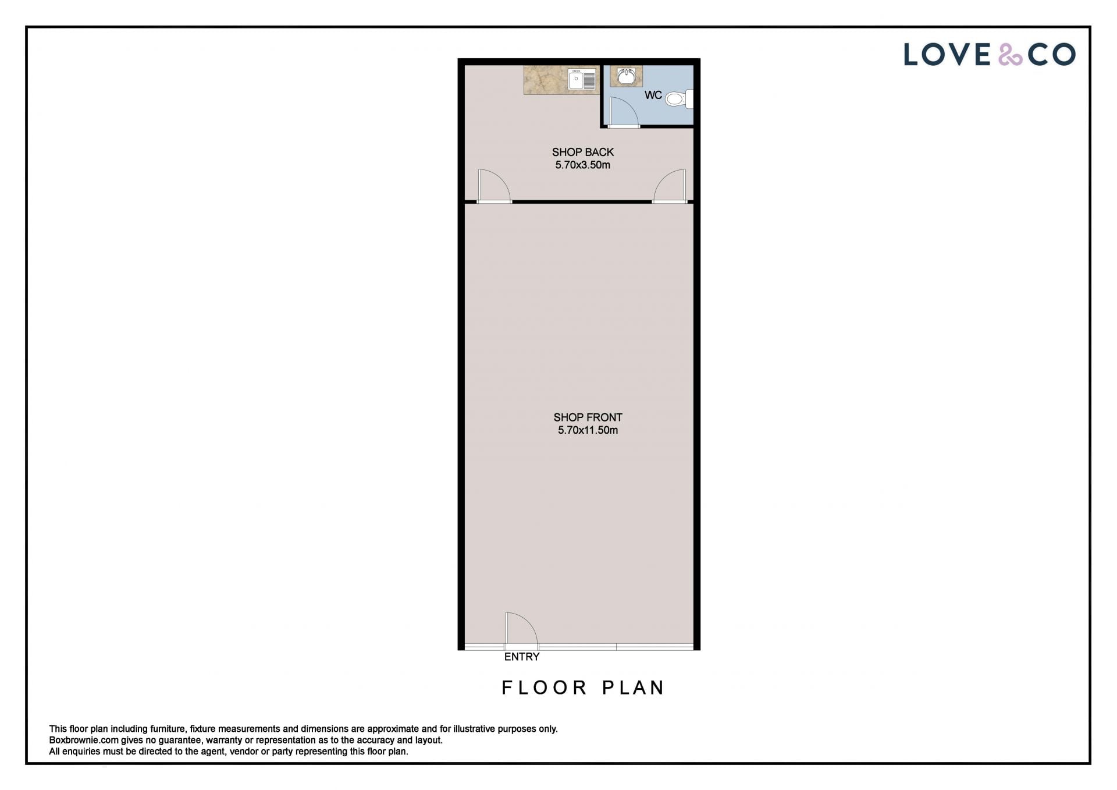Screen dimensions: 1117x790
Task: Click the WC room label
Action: tap(653, 95)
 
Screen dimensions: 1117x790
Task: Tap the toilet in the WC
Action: tap(679, 99)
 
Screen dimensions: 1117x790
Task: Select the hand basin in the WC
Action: tap(626, 76)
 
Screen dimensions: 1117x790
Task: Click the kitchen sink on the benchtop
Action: tap(582, 79)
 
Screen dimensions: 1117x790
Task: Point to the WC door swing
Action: tap(624, 111)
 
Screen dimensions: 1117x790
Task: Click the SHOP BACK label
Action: tap(583, 152)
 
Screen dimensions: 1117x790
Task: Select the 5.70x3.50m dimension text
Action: tap(582, 165)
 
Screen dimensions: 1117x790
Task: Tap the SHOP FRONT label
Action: tap(588, 417)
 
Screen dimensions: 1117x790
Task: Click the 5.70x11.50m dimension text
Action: tap(588, 430)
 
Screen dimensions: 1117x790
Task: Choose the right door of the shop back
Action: tap(670, 186)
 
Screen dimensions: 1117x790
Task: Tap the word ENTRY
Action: tap(522, 657)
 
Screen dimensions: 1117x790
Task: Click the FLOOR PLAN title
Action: tap(583, 688)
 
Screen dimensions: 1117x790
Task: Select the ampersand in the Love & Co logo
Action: tap(1010, 55)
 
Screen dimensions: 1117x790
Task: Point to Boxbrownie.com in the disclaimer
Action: tap(84, 741)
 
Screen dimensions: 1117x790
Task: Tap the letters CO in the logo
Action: tap(1051, 55)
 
